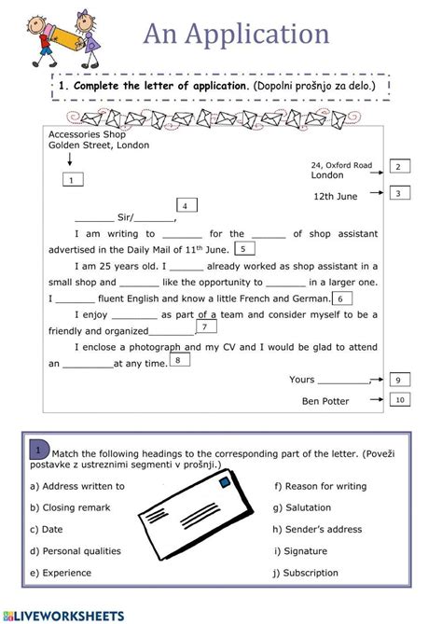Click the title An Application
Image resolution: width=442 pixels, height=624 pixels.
[x=236, y=35]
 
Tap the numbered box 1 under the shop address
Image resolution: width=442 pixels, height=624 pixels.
[x=71, y=180]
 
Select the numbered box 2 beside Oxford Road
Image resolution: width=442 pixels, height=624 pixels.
[x=397, y=166]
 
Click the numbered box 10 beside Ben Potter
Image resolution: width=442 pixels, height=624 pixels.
[x=398, y=400]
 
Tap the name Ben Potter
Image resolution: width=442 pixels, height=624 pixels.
[x=325, y=401]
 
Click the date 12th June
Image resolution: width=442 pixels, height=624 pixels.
[x=336, y=196]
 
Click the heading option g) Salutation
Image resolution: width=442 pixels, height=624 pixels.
[x=303, y=507]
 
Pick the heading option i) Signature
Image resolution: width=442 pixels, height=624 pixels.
[x=300, y=550]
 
